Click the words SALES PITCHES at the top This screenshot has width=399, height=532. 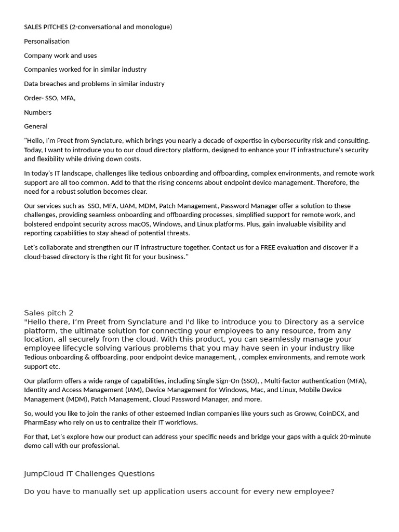pos(46,27)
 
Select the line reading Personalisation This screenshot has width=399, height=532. pos(47,41)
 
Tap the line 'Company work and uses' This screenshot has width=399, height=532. pos(60,56)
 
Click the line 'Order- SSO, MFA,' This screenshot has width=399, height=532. pos(50,98)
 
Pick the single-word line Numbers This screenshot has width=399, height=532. pos(38,112)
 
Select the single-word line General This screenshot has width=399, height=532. pos(36,126)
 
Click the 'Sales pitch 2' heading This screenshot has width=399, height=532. pos(49,313)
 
